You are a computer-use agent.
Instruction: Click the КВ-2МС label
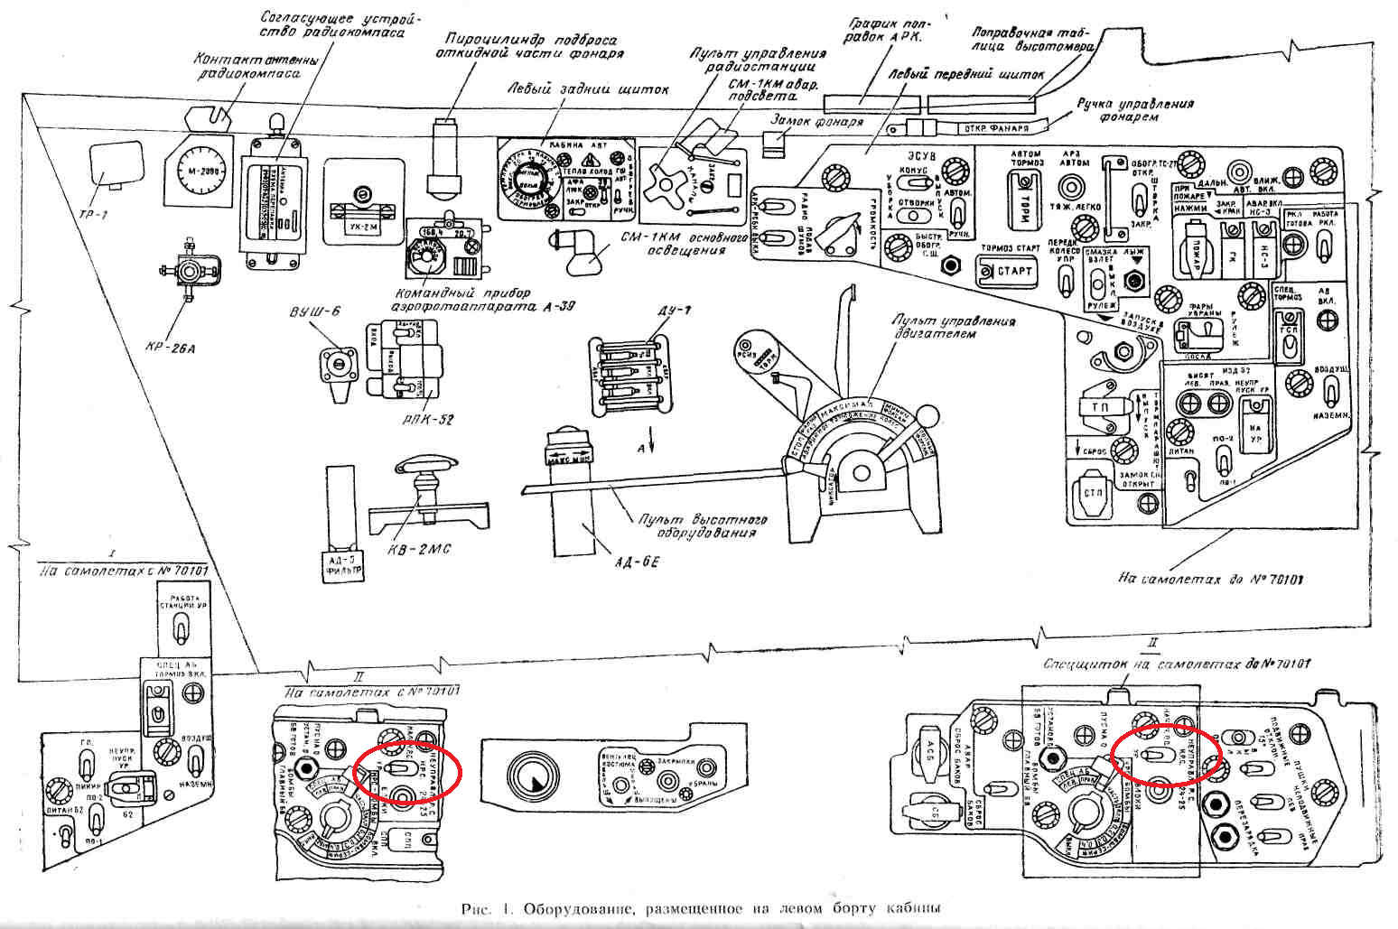tap(419, 549)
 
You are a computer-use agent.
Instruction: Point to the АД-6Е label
tap(638, 562)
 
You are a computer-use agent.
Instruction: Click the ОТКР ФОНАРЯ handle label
tap(996, 127)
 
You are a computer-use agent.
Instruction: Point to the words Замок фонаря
tap(816, 120)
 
